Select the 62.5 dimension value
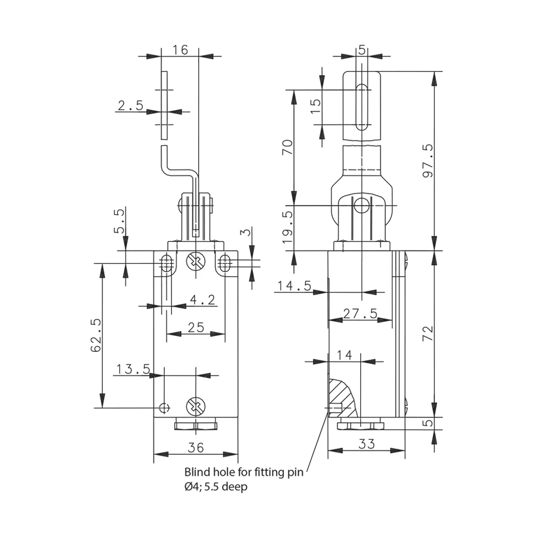pyautogui.click(x=96, y=335)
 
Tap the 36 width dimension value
pyautogui.click(x=196, y=447)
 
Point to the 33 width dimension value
pyautogui.click(x=367, y=443)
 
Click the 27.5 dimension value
pyautogui.click(x=360, y=313)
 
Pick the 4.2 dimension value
pyautogui.click(x=203, y=300)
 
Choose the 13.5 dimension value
pyautogui.click(x=133, y=369)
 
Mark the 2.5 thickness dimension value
pyautogui.click(x=131, y=106)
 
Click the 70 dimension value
pyautogui.click(x=287, y=147)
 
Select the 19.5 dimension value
pyautogui.click(x=287, y=227)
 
